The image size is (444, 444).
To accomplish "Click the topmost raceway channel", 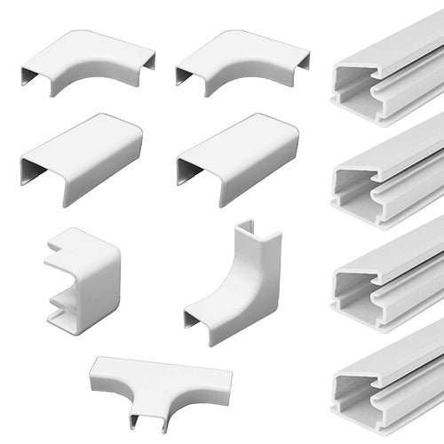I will coord(391,75).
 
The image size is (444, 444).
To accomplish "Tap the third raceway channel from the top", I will coord(391,280).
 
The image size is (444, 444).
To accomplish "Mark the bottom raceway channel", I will coord(391,382).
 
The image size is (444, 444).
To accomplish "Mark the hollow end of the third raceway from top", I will coord(348,289).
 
